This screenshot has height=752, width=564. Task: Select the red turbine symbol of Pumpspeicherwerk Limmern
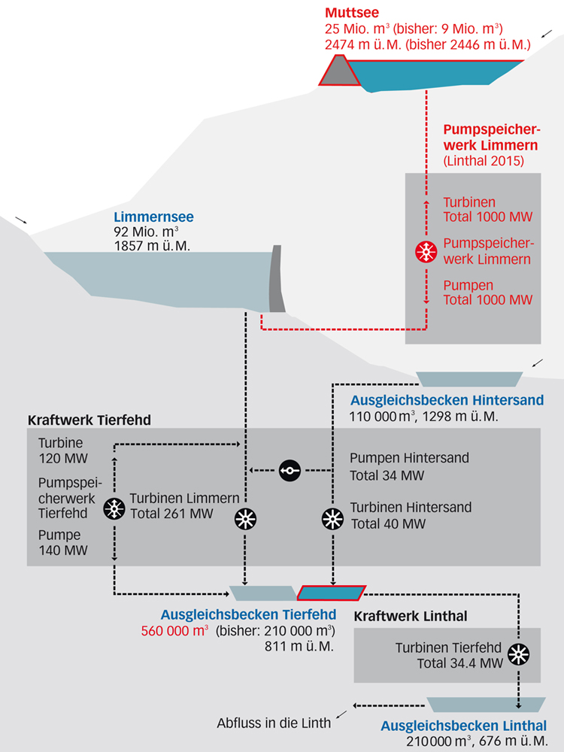click(x=426, y=253)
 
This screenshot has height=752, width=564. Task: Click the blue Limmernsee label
click(x=153, y=217)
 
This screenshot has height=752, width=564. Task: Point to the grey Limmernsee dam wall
click(x=277, y=280)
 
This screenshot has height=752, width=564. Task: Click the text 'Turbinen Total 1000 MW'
click(x=487, y=211)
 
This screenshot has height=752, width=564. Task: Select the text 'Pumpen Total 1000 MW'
click(x=487, y=293)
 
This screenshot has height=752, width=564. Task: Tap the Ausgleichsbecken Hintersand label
click(x=447, y=400)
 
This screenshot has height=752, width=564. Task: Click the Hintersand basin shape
click(x=469, y=378)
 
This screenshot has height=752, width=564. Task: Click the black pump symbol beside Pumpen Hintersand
click(x=290, y=471)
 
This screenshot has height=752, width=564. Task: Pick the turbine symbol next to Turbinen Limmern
click(x=246, y=518)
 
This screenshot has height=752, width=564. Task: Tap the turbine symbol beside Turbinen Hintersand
click(x=332, y=518)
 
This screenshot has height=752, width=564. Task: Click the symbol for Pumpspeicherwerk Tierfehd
click(x=114, y=508)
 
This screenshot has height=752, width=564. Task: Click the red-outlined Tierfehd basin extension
click(x=332, y=593)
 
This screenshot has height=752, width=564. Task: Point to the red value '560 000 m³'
click(x=174, y=631)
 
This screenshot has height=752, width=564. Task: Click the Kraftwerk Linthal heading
click(x=411, y=616)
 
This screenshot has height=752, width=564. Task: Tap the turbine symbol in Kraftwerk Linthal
click(x=518, y=654)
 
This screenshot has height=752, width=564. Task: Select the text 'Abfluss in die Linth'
click(x=274, y=723)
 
